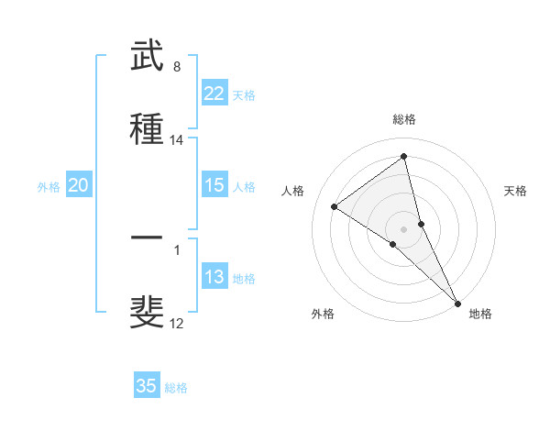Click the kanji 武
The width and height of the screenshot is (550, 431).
pyautogui.click(x=148, y=58)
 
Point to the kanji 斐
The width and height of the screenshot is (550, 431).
pyautogui.click(x=148, y=311)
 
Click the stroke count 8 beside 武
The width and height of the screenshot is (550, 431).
pyautogui.click(x=177, y=67)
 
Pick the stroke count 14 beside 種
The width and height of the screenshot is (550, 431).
pyautogui.click(x=177, y=140)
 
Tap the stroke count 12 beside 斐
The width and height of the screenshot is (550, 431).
pyautogui.click(x=177, y=323)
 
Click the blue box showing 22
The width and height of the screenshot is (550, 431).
pyautogui.click(x=214, y=94)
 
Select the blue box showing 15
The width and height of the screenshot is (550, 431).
pyautogui.click(x=214, y=185)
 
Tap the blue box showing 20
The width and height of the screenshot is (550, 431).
pyautogui.click(x=79, y=185)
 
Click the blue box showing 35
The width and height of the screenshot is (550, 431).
pyautogui.click(x=147, y=386)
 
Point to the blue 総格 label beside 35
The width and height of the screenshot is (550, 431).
pyautogui.click(x=177, y=388)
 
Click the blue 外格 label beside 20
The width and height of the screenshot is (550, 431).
pyautogui.click(x=49, y=187)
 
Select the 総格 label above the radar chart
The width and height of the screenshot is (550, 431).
pyautogui.click(x=404, y=119)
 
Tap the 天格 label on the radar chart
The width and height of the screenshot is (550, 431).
pyautogui.click(x=516, y=191)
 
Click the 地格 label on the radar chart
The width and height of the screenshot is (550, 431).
pyautogui.click(x=480, y=314)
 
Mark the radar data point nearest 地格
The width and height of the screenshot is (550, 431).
pyautogui.click(x=457, y=303)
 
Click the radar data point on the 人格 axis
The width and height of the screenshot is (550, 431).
pyautogui.click(x=335, y=206)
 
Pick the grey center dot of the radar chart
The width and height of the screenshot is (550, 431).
pyautogui.click(x=404, y=228)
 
